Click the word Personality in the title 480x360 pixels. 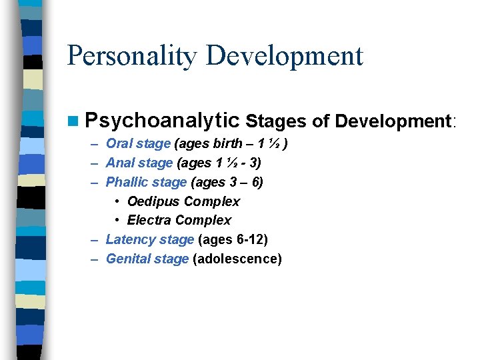pos(131,56)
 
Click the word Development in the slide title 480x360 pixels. pos(285,56)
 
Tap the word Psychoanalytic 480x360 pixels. pos(162,121)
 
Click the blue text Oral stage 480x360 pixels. pos(138,143)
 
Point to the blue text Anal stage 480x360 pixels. pos(139,163)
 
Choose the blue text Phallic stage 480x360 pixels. pos(146,182)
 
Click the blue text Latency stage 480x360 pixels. pos(150,239)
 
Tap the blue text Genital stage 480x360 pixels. pos(147,259)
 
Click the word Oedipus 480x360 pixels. pos(153,201)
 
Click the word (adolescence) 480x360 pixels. pos(237,259)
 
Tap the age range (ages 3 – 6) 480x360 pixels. pos(227,182)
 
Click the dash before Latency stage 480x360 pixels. pos(94,239)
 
